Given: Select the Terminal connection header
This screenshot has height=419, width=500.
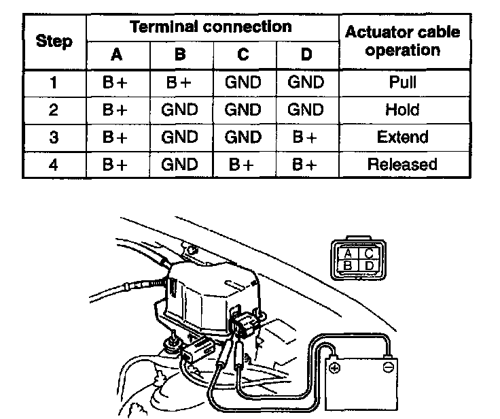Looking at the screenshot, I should (211, 27).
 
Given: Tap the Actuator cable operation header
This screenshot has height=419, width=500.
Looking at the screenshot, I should (402, 41).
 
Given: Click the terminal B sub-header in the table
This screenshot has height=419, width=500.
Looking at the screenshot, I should (180, 54).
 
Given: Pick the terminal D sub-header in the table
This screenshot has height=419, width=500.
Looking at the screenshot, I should (306, 54).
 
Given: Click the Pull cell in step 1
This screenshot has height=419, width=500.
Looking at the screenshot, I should (402, 83).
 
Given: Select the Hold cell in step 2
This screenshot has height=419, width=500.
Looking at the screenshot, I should (402, 110).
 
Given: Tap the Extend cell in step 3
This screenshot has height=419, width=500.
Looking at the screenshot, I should (402, 137).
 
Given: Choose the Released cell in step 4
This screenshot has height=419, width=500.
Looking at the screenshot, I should (402, 165).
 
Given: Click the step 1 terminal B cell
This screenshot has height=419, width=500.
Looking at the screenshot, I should (180, 83).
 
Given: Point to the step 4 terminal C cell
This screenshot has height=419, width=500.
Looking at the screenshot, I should (243, 165).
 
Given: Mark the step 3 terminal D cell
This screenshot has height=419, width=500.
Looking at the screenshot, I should (306, 137).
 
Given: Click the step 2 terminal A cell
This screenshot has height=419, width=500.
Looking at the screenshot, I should (116, 110).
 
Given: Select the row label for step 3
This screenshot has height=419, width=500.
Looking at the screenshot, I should (54, 137).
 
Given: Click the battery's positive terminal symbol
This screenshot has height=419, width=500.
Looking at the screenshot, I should (334, 368).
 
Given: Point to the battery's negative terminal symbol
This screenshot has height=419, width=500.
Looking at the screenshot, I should (388, 368).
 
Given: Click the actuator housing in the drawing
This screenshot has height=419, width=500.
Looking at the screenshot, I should (204, 292).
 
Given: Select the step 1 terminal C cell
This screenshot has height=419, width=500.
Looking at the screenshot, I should (243, 83).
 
